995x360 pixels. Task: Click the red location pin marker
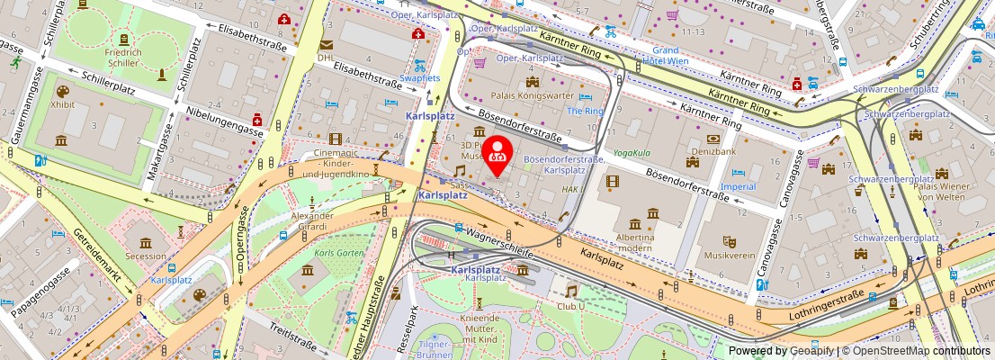497,154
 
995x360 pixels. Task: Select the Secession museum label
145,256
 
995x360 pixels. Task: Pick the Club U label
571,305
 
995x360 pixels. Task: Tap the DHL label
325,58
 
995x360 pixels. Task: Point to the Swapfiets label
419,78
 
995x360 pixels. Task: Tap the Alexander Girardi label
311,220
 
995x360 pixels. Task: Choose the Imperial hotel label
738,186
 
